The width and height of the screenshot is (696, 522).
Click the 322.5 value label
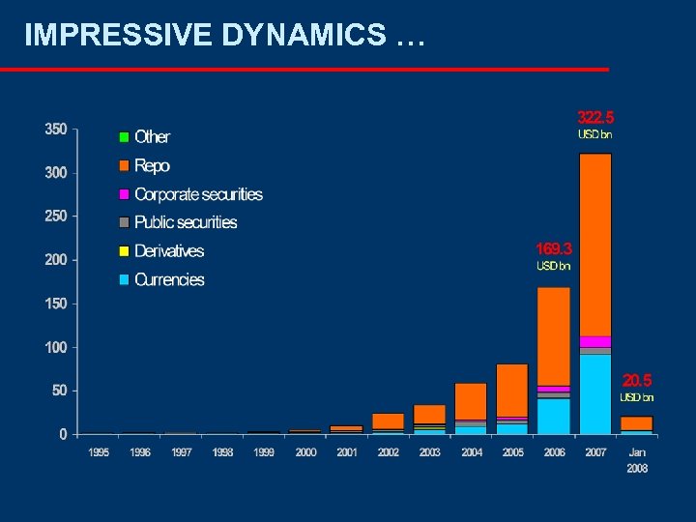tap(595, 117)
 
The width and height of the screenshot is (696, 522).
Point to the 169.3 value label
tap(554, 248)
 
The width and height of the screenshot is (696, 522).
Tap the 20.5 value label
tap(637, 380)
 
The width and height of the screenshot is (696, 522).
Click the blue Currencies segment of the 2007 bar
tap(595, 394)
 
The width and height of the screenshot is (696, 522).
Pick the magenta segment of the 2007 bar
tap(595, 341)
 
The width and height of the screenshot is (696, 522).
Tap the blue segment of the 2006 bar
tap(554, 416)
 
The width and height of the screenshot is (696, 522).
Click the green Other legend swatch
tap(124, 137)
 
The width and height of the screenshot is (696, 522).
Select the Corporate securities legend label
tap(198, 194)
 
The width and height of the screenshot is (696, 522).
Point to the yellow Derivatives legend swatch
tap(124, 251)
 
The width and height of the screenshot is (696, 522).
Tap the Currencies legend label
tap(169, 279)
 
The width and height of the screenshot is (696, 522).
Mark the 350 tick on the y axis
tap(56, 130)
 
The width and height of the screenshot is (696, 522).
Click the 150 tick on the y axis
tap(56, 304)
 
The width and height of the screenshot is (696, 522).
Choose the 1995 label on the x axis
tap(99, 452)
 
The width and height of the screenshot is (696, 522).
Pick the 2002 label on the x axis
tap(388, 452)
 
